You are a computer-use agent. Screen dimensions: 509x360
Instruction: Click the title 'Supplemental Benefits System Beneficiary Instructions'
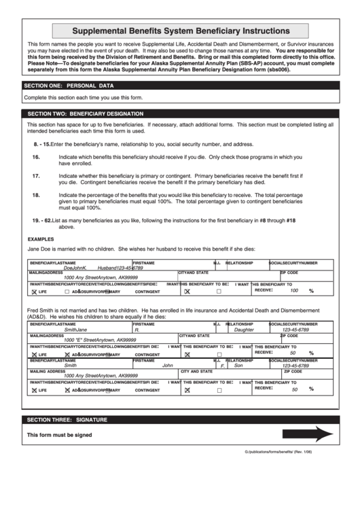[180, 31]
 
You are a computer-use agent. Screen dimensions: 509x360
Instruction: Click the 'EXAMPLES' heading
[41, 239]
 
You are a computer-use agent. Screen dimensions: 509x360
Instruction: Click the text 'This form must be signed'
[59, 436]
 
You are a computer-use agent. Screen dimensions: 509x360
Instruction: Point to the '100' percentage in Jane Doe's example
[293, 290]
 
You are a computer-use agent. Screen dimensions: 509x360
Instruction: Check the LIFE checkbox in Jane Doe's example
[34, 291]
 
